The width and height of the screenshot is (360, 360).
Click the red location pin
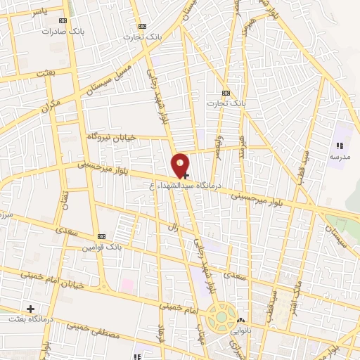[181, 165]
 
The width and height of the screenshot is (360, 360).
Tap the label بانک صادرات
[58, 32]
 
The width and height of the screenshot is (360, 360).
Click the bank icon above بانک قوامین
[101, 236]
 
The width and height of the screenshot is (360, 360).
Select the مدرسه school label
[340, 156]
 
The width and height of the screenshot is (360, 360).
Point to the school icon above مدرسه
[339, 146]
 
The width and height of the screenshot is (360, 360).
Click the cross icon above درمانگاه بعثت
[30, 308]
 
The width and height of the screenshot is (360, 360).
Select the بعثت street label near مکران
[44, 73]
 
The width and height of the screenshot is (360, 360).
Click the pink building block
[127, 286]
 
